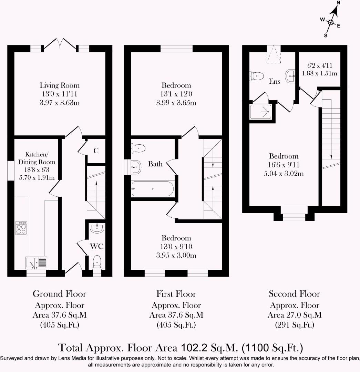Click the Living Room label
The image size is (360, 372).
(x=60, y=85)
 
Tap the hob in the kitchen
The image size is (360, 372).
(x=21, y=228)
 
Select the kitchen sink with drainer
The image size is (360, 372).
(x=36, y=263)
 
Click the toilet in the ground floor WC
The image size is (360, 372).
(x=97, y=262)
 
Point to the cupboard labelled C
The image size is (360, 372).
(x=96, y=151)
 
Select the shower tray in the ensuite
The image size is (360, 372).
(x=261, y=112)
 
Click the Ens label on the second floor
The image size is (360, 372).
(x=275, y=82)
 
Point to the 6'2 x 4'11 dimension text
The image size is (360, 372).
(x=319, y=65)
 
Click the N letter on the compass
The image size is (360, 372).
(x=338, y=3)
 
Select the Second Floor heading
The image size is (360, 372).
(x=294, y=294)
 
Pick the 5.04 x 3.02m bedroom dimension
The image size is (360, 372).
(x=284, y=173)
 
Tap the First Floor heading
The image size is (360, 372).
(x=176, y=294)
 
